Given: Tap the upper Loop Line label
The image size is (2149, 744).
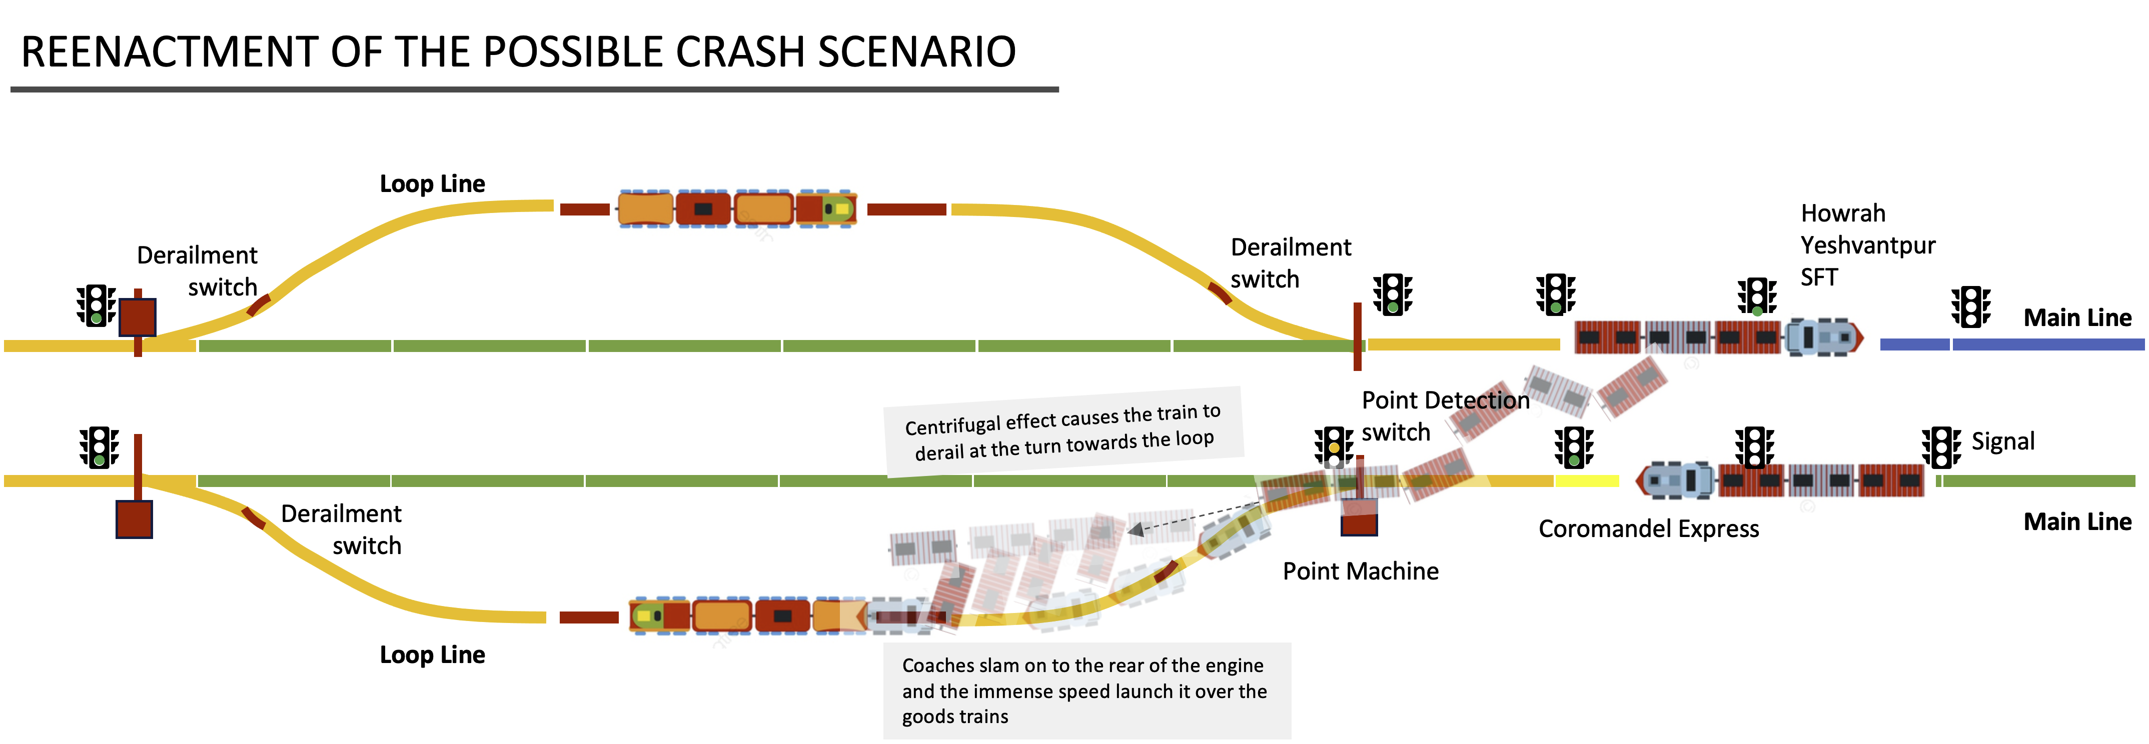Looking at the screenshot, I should pyautogui.click(x=432, y=183).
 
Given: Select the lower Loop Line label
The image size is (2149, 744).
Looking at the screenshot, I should pyautogui.click(x=432, y=655).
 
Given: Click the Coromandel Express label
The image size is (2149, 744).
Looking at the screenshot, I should pyautogui.click(x=1648, y=529).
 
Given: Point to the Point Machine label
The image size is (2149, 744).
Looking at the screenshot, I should pyautogui.click(x=1361, y=571).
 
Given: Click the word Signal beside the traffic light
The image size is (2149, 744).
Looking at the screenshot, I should pyautogui.click(x=2003, y=441).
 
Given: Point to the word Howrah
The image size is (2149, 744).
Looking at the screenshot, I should pyautogui.click(x=1843, y=213).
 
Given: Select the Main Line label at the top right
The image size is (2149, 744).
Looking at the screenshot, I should pyautogui.click(x=2077, y=318).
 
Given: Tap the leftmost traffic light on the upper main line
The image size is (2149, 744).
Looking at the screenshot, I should pyautogui.click(x=96, y=305).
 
